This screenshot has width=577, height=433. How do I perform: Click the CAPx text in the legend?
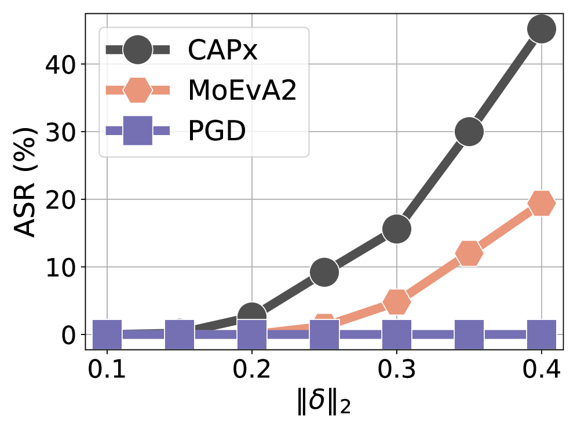[222, 50]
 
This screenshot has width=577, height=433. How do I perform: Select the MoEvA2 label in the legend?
[242, 90]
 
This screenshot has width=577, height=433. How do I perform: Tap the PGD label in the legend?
[217, 130]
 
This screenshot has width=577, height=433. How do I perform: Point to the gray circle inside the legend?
[138, 50]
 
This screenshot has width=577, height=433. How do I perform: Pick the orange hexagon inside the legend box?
[138, 90]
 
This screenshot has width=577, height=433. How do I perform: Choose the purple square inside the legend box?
[138, 130]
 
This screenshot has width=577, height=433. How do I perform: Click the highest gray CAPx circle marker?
[542, 28]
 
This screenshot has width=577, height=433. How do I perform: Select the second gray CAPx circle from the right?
[469, 132]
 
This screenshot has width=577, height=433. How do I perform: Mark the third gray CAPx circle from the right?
[397, 228]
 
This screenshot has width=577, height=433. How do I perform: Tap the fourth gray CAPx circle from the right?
[324, 272]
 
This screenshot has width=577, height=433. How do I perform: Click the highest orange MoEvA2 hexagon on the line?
[542, 203]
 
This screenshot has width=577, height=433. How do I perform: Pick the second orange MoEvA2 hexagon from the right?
[469, 253]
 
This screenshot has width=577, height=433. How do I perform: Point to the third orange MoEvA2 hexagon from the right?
[397, 301]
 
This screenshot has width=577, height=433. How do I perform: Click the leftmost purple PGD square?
[107, 334]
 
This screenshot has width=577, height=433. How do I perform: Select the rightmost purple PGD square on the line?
[542, 334]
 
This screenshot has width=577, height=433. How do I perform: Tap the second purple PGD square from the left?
[180, 334]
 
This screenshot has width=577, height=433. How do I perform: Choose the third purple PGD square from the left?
[252, 334]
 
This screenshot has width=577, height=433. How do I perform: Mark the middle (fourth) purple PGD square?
[324, 334]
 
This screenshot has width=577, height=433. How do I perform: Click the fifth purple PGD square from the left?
[397, 334]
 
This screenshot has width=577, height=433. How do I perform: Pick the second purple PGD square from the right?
[469, 334]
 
